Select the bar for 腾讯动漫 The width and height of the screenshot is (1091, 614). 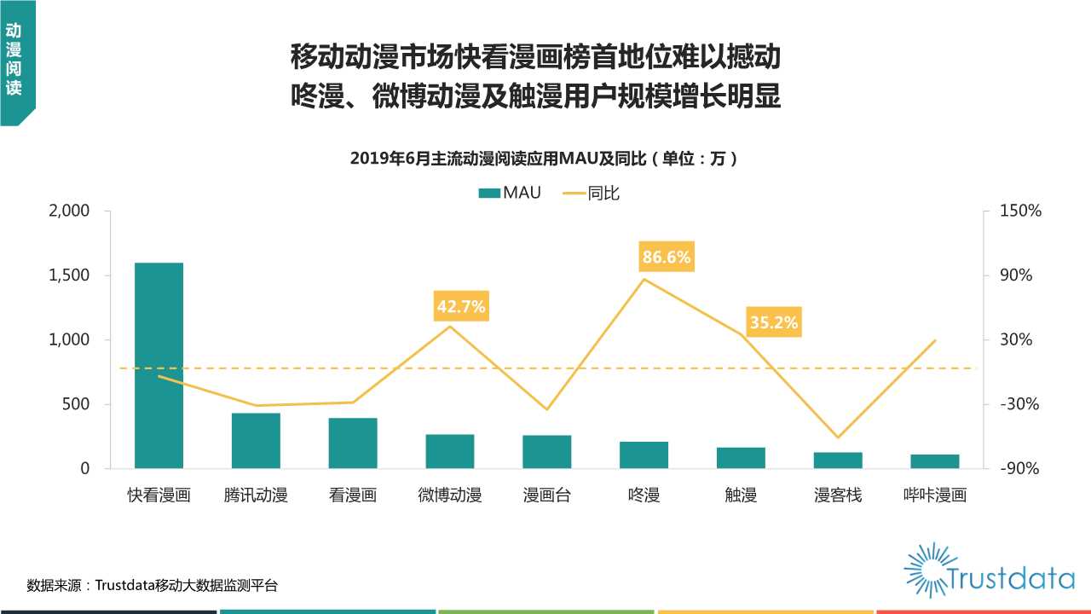click(x=256, y=441)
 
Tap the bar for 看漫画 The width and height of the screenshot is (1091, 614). click(x=353, y=443)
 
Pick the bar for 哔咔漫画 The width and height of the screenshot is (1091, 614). click(x=935, y=461)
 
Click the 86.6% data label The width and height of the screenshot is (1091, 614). click(x=667, y=257)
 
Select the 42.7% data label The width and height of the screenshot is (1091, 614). click(x=460, y=306)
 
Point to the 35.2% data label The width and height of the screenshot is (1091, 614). click(x=774, y=322)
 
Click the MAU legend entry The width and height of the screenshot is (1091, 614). click(x=510, y=193)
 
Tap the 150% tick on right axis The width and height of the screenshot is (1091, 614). click(x=1021, y=211)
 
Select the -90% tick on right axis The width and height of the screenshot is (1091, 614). click(x=1021, y=468)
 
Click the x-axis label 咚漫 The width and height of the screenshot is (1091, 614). click(x=644, y=495)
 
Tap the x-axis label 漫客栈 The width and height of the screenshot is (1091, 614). click(x=838, y=495)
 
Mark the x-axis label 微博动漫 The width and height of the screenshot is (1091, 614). click(x=450, y=495)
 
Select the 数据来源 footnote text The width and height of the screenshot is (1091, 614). click(x=152, y=585)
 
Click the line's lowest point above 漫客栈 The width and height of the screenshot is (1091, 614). click(x=838, y=437)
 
